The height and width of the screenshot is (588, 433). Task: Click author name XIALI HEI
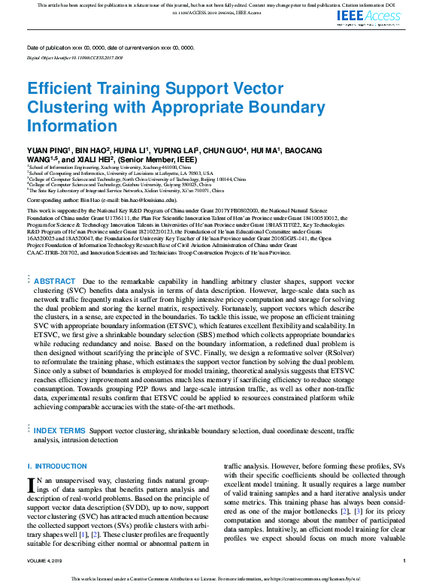[95, 159]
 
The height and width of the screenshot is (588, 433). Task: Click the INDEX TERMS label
[59, 431]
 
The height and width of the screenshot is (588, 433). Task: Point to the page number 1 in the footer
[404, 561]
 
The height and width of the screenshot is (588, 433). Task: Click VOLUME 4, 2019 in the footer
[47, 561]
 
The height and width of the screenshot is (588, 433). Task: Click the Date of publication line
[110, 47]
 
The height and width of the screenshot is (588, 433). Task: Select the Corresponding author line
[101, 201]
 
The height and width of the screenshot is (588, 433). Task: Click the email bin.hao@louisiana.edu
[150, 201]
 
